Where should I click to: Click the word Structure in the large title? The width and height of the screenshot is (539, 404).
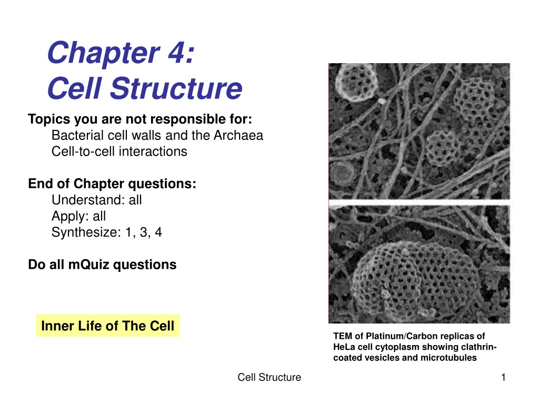pyautogui.click(x=176, y=88)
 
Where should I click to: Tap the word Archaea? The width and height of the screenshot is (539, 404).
pyautogui.click(x=238, y=135)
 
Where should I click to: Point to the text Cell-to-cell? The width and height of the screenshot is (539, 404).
pyautogui.click(x=83, y=151)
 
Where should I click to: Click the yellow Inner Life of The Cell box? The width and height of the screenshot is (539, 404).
pyautogui.click(x=107, y=325)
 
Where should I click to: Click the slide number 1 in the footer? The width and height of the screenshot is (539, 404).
pyautogui.click(x=503, y=377)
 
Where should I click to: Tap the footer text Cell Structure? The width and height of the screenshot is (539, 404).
pyautogui.click(x=269, y=377)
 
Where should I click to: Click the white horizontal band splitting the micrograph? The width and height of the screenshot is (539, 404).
pyautogui.click(x=419, y=203)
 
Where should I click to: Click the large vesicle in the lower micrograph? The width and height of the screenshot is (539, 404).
pyautogui.click(x=416, y=278)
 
